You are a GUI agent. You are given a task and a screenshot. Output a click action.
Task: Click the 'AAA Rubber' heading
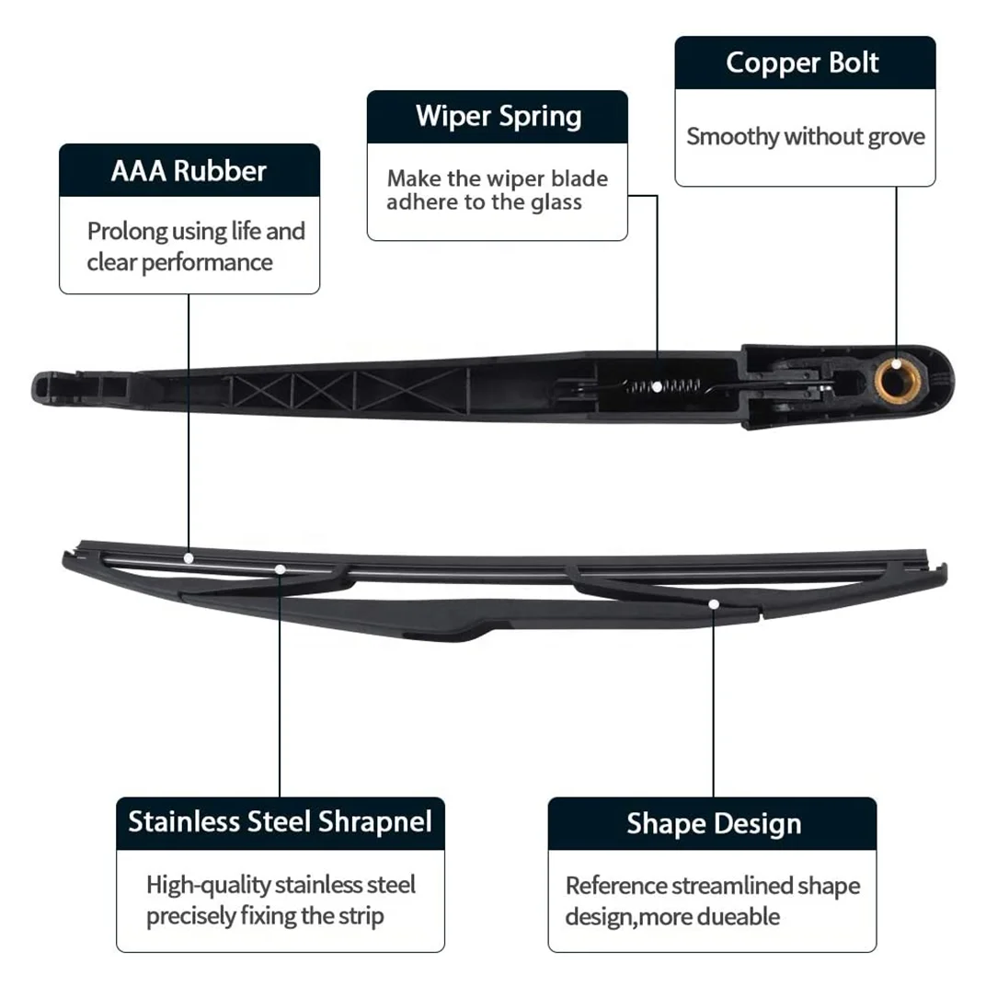tap(189, 171)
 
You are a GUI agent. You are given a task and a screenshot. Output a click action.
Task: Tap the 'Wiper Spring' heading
tap(498, 117)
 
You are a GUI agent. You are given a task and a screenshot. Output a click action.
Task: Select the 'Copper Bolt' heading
tap(802, 63)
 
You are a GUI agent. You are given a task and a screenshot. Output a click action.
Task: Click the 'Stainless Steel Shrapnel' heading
tap(280, 821)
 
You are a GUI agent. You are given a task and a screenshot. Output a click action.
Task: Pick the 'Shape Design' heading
tap(714, 823)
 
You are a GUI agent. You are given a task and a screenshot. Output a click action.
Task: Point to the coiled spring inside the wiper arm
tap(664, 385)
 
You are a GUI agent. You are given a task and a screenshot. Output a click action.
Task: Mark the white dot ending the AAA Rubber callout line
tap(189, 557)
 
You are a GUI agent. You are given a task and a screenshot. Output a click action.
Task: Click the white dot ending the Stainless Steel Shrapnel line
tap(280, 570)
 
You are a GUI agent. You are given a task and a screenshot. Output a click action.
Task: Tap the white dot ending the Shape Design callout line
tap(714, 604)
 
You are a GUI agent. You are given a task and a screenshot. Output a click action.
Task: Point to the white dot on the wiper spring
tap(657, 386)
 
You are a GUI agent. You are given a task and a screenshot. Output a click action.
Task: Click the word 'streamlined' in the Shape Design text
tap(732, 887)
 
